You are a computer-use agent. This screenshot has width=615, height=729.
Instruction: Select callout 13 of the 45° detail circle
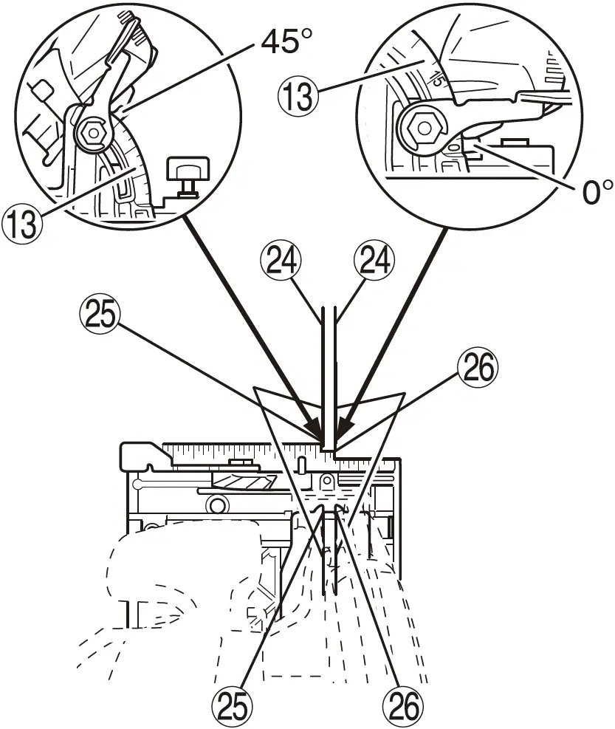click(x=22, y=222)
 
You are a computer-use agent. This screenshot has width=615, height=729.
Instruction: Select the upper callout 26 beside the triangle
click(x=477, y=369)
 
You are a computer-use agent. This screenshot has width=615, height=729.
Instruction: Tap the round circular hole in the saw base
click(x=216, y=504)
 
